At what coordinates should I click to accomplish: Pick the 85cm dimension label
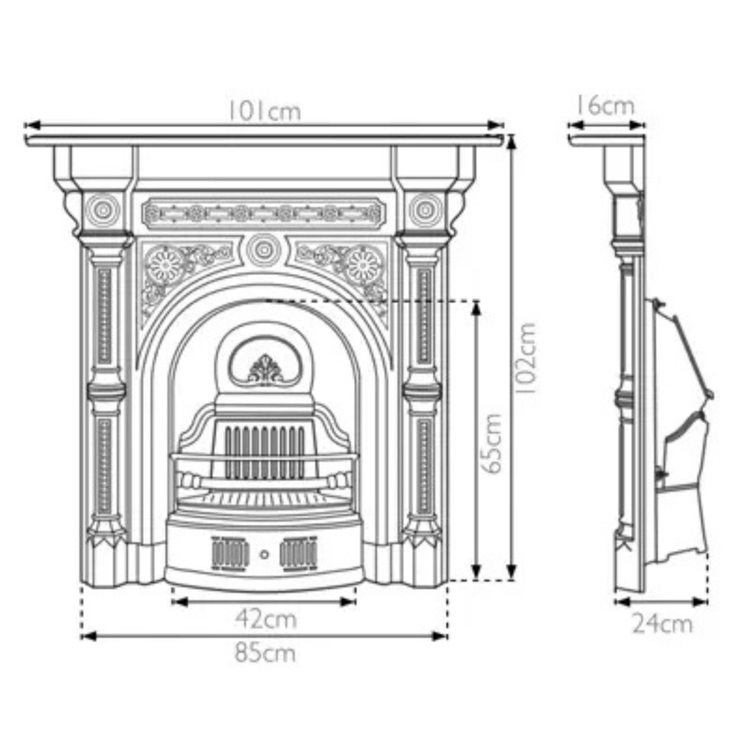click(x=265, y=653)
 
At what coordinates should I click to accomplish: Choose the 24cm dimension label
click(x=662, y=624)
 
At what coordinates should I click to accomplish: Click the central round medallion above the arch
click(x=264, y=250)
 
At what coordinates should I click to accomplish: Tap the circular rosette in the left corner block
click(x=103, y=210)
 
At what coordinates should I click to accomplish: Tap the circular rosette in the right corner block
click(x=425, y=210)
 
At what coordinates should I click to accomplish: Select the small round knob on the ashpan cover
click(x=264, y=555)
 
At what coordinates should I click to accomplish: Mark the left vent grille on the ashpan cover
click(x=230, y=554)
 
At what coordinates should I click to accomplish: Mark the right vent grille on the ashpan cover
click(x=299, y=554)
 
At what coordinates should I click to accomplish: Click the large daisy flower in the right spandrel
click(x=363, y=265)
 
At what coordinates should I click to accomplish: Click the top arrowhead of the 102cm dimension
click(x=511, y=143)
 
